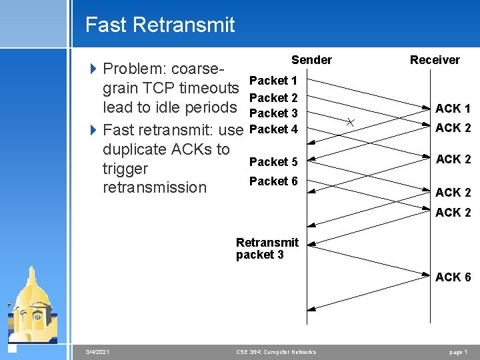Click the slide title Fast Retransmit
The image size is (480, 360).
160,25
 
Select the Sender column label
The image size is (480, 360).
311,60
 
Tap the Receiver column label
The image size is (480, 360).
435,60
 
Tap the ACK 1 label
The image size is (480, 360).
453,109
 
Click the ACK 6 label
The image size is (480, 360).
453,277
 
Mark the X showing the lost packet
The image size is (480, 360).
351,121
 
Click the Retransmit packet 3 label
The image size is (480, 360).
267,248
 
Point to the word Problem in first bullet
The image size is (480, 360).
135,69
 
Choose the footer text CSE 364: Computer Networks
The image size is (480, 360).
276,352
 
